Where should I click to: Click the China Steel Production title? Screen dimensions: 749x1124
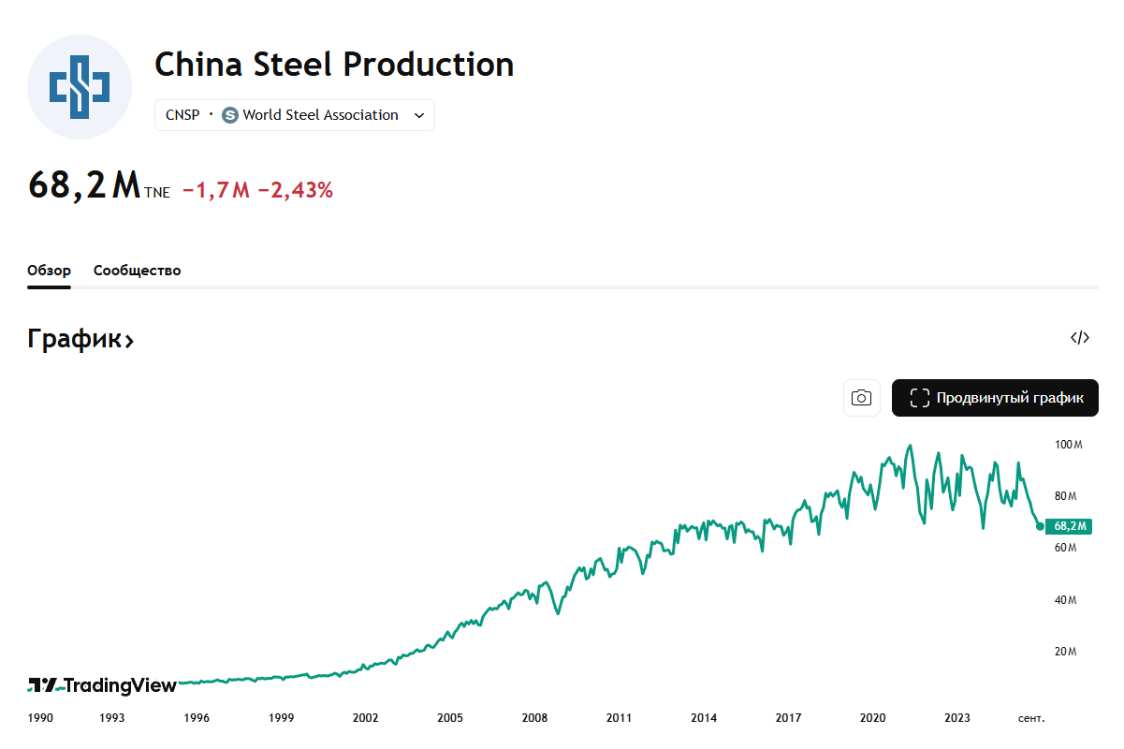[x=334, y=65]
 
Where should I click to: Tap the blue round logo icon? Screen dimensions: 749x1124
[x=80, y=87]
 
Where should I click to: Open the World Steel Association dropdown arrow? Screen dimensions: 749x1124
[x=419, y=115]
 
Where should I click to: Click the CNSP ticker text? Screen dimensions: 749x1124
[x=182, y=115]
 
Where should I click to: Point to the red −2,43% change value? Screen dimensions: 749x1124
[x=296, y=190]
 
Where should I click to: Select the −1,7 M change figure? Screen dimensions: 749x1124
[x=216, y=190]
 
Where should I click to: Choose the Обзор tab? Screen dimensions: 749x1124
[x=49, y=271]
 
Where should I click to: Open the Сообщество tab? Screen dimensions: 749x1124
[x=138, y=271]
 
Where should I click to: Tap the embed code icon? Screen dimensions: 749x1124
[x=1080, y=338]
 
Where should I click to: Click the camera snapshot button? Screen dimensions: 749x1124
[x=861, y=398]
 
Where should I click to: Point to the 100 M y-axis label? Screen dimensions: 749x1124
[x=1068, y=445]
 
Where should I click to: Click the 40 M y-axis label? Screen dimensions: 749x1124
[x=1066, y=600]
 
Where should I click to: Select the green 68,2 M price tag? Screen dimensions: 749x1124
[x=1069, y=526]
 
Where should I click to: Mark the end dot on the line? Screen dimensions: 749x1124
[x=1040, y=526]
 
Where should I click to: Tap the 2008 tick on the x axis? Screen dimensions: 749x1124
[x=534, y=718]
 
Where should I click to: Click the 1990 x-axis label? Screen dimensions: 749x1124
[x=40, y=718]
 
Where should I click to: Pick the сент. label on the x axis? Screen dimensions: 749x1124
[x=1031, y=718]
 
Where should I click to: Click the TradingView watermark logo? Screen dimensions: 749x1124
[x=103, y=685]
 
